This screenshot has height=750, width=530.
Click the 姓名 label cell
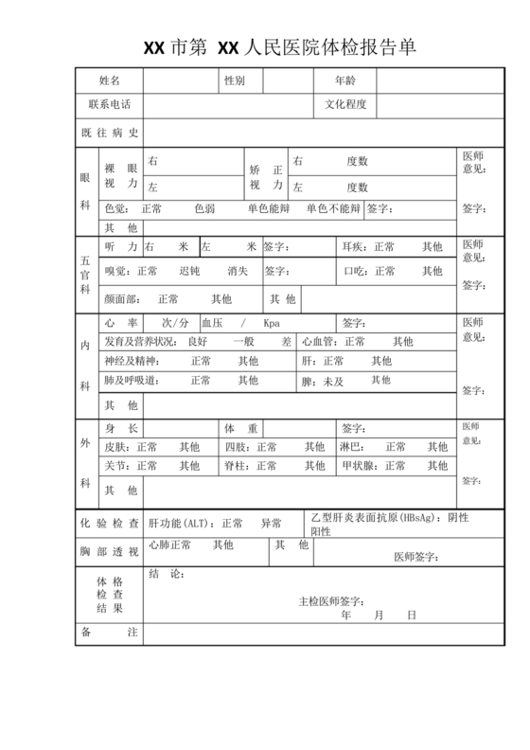pos(109,80)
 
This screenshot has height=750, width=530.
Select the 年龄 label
pos(345,80)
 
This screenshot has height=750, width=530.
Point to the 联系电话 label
pos(109,105)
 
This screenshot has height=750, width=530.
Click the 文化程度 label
pos(345,105)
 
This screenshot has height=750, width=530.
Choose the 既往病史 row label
pos(110,133)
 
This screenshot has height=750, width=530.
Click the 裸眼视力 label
pos(121,174)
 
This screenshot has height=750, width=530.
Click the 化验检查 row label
pos(110,523)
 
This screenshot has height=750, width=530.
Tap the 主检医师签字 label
pos(330,600)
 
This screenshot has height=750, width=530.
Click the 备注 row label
pos(110,632)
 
